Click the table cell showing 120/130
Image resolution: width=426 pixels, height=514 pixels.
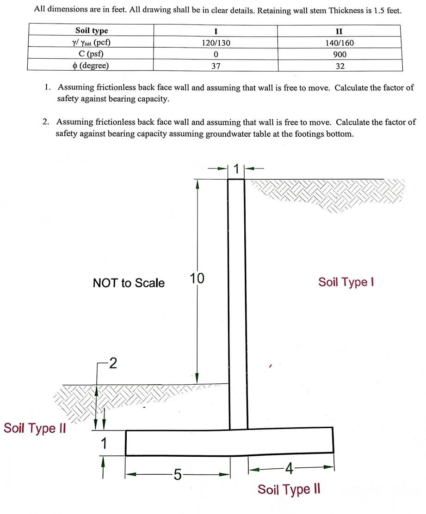click(x=216, y=43)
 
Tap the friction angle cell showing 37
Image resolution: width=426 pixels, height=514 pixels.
click(x=216, y=66)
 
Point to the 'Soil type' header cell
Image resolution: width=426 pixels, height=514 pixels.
click(x=92, y=31)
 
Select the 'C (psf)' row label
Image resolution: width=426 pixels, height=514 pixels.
click(x=92, y=54)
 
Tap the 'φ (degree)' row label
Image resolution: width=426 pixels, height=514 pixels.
click(x=92, y=66)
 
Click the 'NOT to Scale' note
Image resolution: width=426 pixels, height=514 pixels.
click(x=129, y=283)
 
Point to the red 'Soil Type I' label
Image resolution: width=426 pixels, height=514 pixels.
click(x=346, y=282)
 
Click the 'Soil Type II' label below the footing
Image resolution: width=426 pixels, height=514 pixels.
click(x=289, y=490)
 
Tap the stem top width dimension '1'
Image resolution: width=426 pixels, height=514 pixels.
click(x=236, y=169)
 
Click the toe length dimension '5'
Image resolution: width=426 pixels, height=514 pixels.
click(x=178, y=474)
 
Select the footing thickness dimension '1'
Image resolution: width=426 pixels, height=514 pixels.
click(x=104, y=444)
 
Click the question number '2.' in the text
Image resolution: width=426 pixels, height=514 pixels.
click(x=45, y=122)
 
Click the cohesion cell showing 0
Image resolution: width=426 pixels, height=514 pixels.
click(x=216, y=54)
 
